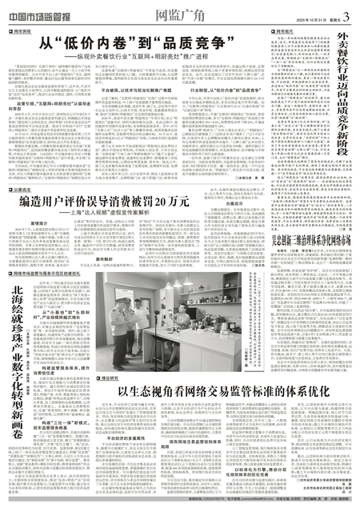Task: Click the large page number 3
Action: click(348, 10)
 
